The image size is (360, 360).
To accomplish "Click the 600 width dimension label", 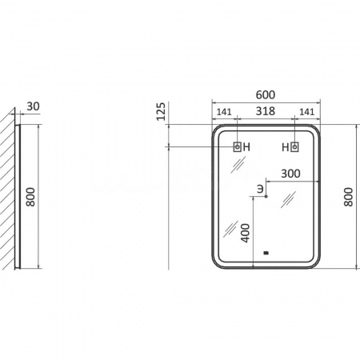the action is [x=266, y=94].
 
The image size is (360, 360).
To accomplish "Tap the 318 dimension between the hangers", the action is [x=266, y=111].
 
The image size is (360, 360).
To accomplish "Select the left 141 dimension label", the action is [x=224, y=112].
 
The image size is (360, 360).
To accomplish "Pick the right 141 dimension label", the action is [x=307, y=112].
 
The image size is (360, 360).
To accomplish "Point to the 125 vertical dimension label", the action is [x=161, y=111].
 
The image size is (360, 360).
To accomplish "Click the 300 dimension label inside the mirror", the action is [x=290, y=174].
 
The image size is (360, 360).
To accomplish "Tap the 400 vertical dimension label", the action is [x=246, y=233].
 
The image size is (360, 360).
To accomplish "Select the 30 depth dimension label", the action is [x=34, y=106].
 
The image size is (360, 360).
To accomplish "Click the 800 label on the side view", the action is [x=30, y=197].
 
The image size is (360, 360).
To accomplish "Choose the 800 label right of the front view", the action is [x=348, y=197].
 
